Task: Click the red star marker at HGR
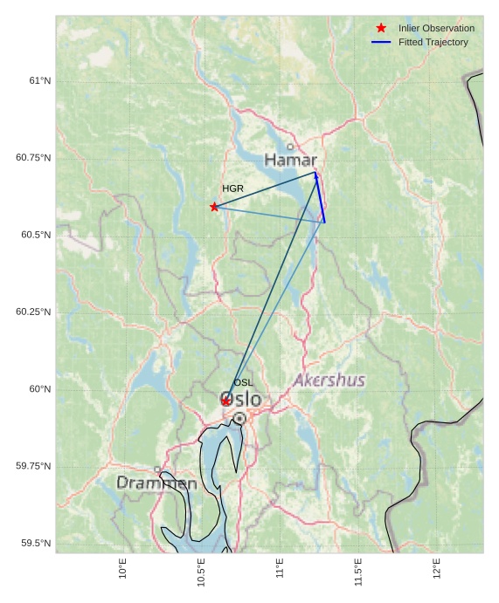(x=214, y=207)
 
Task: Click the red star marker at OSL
(x=225, y=401)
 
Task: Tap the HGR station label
(x=232, y=188)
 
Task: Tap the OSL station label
(x=243, y=383)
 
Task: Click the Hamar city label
(x=290, y=161)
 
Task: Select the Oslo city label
(x=242, y=400)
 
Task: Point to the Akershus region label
(x=329, y=380)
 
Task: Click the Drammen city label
(x=156, y=483)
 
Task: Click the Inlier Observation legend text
(x=436, y=29)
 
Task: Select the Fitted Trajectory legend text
(x=433, y=42)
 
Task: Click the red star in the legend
(x=381, y=29)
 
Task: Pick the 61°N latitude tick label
(x=40, y=80)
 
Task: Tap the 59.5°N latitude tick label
(x=36, y=544)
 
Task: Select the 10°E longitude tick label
(x=123, y=569)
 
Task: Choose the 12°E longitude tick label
(x=437, y=569)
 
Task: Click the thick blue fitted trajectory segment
(x=320, y=197)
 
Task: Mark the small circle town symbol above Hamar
(x=290, y=147)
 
